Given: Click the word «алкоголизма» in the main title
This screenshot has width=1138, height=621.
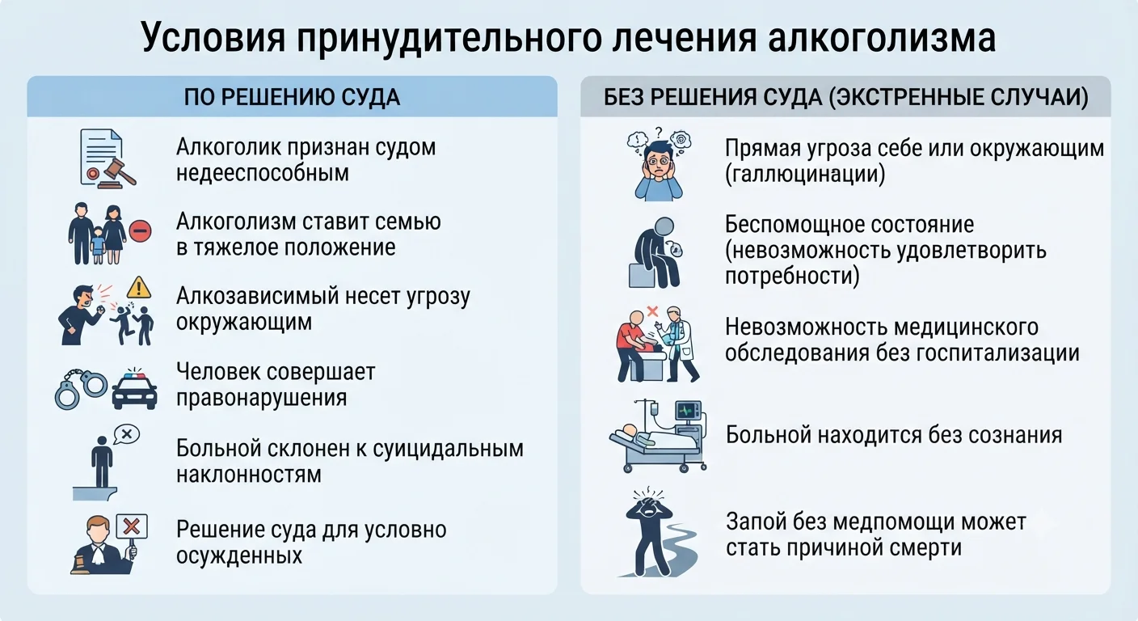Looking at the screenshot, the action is (882, 38).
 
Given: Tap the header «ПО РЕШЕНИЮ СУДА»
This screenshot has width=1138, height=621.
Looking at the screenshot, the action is (292, 97).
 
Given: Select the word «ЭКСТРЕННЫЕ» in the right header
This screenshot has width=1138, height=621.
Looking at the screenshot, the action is (908, 97).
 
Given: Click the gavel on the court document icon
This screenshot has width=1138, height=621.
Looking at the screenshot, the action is (118, 171).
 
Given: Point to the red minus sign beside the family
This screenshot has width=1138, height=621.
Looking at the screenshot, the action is (140, 230).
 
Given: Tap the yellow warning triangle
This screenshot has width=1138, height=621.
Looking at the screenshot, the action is (139, 288).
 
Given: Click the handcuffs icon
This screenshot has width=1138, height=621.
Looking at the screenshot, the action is (81, 389).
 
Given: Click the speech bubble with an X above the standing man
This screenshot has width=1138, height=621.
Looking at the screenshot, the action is (127, 435).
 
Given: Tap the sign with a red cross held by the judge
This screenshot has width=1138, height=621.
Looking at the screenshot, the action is (132, 526).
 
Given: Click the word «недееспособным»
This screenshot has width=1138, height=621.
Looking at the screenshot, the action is (263, 173).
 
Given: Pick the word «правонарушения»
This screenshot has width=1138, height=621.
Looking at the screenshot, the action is (262, 398).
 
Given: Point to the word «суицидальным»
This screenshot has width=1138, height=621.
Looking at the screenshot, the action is (448, 449).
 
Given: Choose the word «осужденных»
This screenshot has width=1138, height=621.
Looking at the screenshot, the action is (239, 556).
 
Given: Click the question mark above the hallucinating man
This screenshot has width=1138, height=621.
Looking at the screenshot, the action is (659, 133).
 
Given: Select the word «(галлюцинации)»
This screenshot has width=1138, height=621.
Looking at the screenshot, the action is (805, 175).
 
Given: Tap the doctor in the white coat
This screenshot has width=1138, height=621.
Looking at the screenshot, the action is (676, 343).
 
